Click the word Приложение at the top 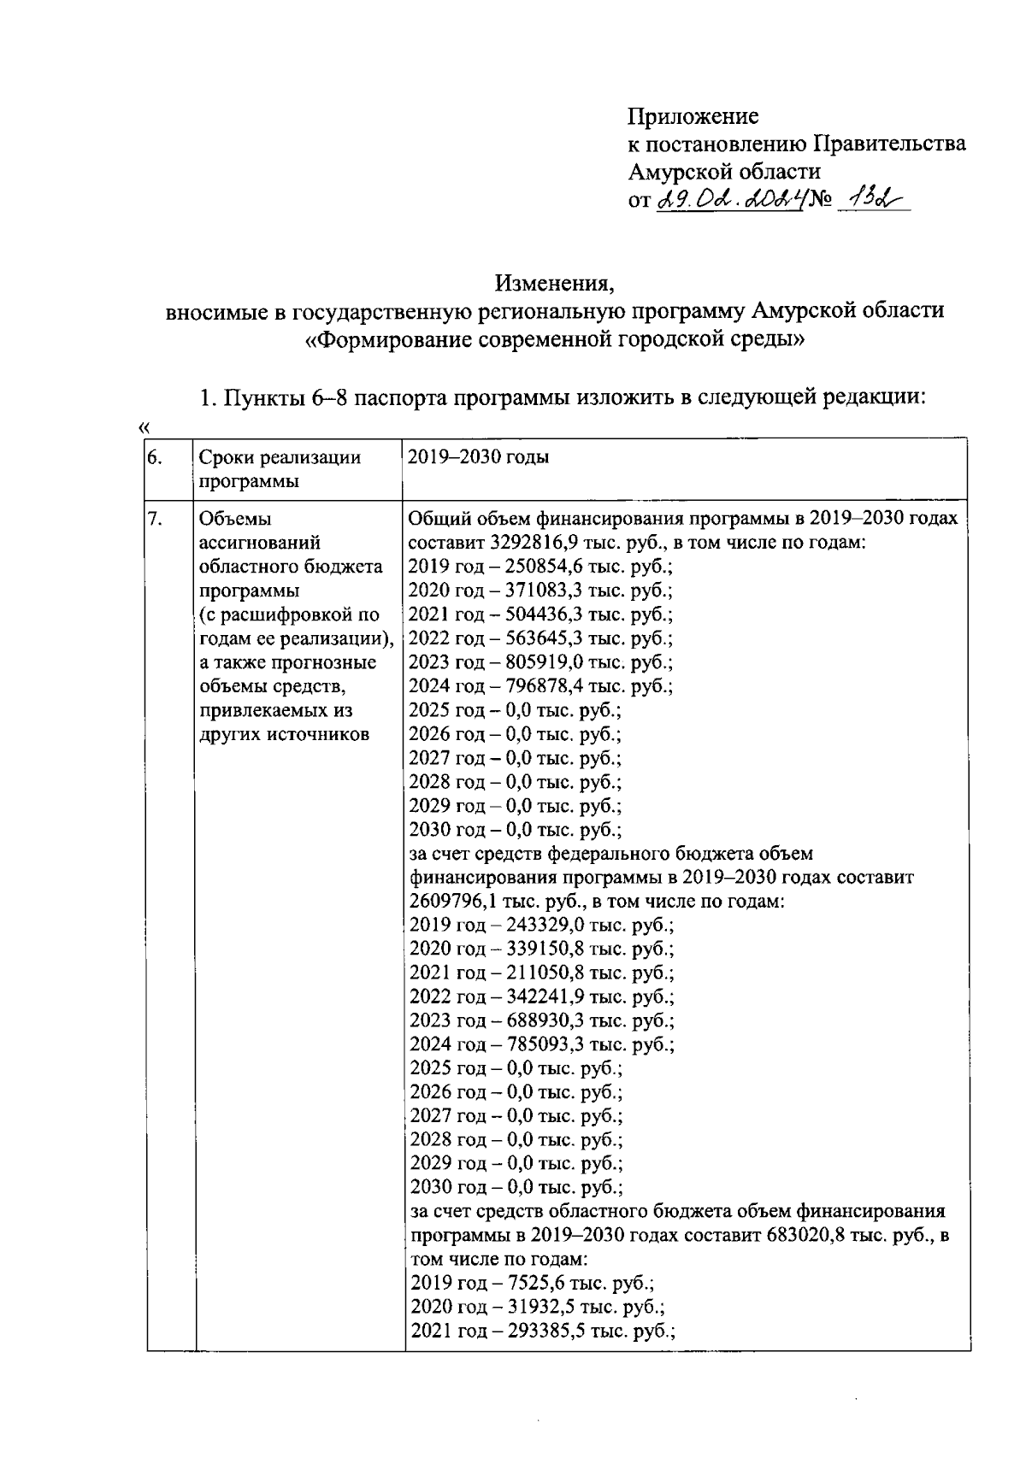click(693, 115)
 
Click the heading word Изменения click(555, 281)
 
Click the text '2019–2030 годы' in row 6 click(478, 457)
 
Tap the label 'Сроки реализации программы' click(280, 469)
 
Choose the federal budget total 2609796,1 click(451, 902)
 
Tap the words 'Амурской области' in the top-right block click(724, 172)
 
